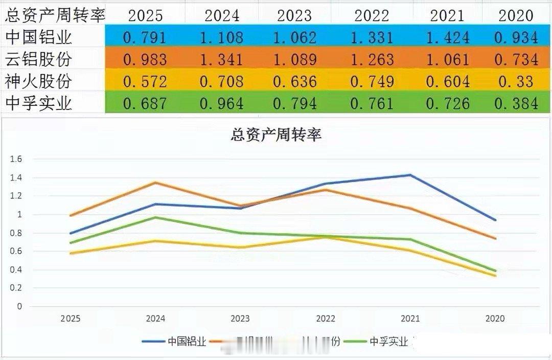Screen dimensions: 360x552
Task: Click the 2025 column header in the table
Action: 145,15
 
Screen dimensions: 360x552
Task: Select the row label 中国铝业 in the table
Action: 39,37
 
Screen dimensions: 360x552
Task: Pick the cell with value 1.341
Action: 222,60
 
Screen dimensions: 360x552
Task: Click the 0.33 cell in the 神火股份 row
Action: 516,82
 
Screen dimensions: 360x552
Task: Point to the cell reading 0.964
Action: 222,104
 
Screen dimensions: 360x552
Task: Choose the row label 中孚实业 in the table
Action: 39,104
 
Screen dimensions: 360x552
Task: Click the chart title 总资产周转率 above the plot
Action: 276,136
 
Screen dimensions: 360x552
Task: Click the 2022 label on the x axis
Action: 326,319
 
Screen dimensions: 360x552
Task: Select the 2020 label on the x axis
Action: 495,319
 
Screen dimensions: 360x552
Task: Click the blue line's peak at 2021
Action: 410,175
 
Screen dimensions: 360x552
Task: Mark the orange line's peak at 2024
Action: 156,183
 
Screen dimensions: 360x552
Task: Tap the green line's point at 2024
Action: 156,217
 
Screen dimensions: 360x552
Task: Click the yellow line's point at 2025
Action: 71,253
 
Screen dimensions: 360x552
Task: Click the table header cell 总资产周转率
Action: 55,15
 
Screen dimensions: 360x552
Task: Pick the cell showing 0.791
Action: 145,37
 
